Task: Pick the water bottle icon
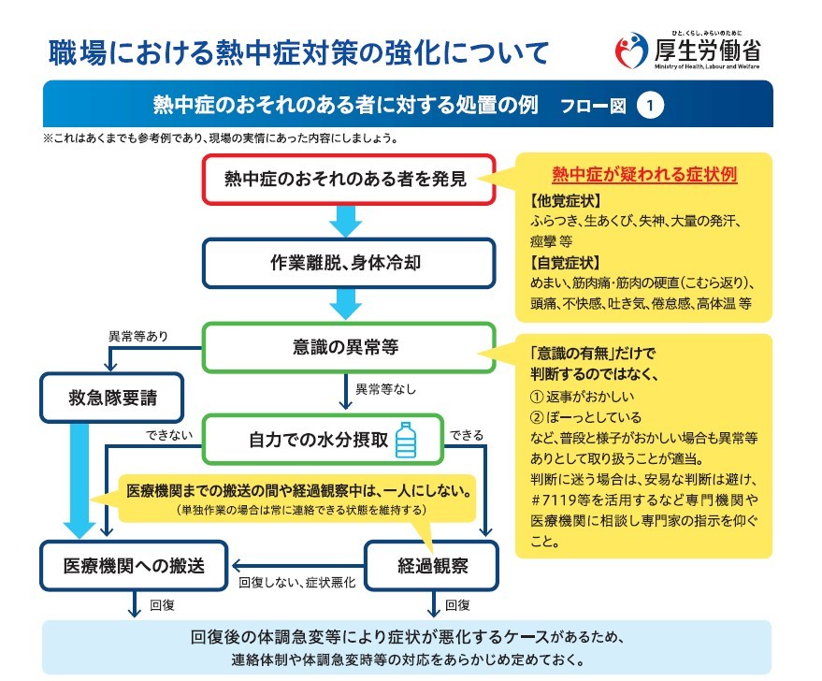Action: click(406, 440)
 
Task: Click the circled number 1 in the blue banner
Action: click(650, 106)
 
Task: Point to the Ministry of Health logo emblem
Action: click(631, 51)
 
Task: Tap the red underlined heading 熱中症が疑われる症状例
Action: click(644, 174)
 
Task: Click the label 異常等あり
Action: click(137, 337)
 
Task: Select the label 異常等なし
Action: click(386, 389)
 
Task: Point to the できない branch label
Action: click(169, 435)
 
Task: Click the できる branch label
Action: click(467, 435)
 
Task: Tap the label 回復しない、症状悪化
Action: click(296, 583)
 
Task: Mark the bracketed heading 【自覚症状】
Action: click(565, 263)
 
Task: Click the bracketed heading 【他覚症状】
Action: click(565, 201)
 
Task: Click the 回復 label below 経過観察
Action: click(457, 605)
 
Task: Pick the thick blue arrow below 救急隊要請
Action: click(79, 481)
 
